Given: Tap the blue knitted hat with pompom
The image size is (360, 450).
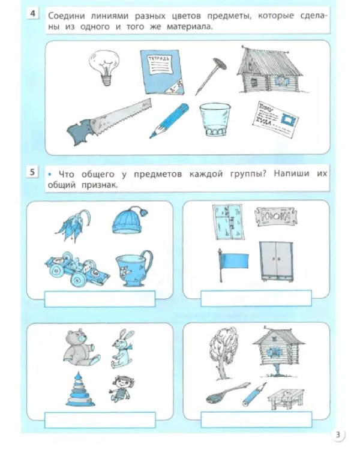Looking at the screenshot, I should [129, 222].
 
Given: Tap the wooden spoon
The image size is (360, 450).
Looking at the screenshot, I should [220, 393].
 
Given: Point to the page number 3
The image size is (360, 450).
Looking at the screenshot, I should [339, 435].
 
